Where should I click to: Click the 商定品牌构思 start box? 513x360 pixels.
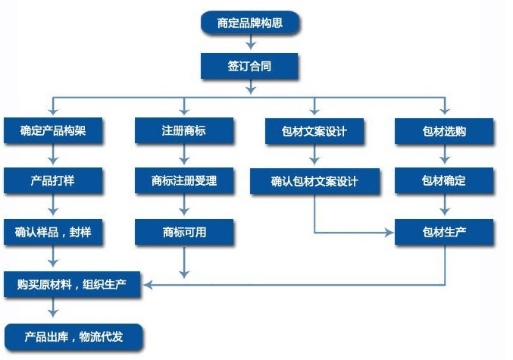pyautogui.click(x=250, y=23)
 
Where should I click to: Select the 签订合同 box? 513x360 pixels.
pyautogui.click(x=249, y=66)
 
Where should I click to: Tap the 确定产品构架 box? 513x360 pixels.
pyautogui.click(x=53, y=131)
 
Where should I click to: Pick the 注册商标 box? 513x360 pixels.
pyautogui.click(x=184, y=131)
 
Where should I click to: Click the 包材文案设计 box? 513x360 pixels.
pyautogui.click(x=314, y=132)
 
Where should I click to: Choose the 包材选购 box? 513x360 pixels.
pyautogui.click(x=444, y=132)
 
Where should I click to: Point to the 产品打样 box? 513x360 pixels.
pyautogui.click(x=53, y=181)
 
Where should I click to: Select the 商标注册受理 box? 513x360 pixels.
pyautogui.click(x=184, y=181)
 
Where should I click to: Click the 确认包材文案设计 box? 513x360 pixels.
pyautogui.click(x=314, y=182)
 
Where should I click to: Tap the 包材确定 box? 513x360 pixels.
pyautogui.click(x=444, y=181)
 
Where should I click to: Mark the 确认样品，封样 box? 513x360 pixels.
pyautogui.click(x=53, y=232)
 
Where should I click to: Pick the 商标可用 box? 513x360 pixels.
pyautogui.click(x=184, y=232)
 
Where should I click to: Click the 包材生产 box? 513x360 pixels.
pyautogui.click(x=444, y=232)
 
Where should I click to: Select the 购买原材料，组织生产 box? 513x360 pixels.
pyautogui.click(x=74, y=285)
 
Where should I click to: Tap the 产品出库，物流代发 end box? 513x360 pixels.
pyautogui.click(x=74, y=335)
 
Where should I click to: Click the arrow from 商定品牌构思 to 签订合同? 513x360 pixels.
pyautogui.click(x=250, y=44)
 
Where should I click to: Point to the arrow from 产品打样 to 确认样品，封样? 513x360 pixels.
pyautogui.click(x=53, y=206)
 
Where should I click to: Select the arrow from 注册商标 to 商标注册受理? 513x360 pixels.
pyautogui.click(x=184, y=156)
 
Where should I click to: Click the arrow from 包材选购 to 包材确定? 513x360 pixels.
pyautogui.click(x=444, y=156)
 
